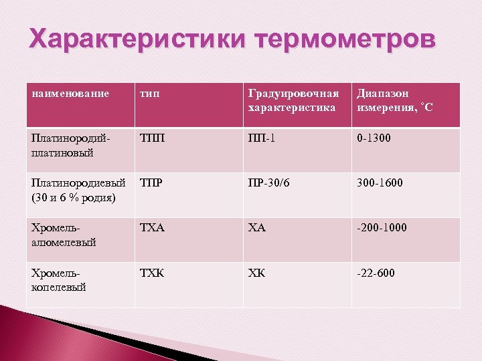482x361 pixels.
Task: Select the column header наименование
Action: coord(70,94)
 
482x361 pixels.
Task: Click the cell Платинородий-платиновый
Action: coord(70,146)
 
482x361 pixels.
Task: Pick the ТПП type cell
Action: coord(152,139)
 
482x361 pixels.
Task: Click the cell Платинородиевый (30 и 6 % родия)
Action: coord(74,190)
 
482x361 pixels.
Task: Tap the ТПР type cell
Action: coord(152,183)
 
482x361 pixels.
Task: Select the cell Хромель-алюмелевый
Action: coord(64,235)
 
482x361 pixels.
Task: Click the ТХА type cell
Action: coord(153,228)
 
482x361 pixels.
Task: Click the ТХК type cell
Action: coord(153,273)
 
